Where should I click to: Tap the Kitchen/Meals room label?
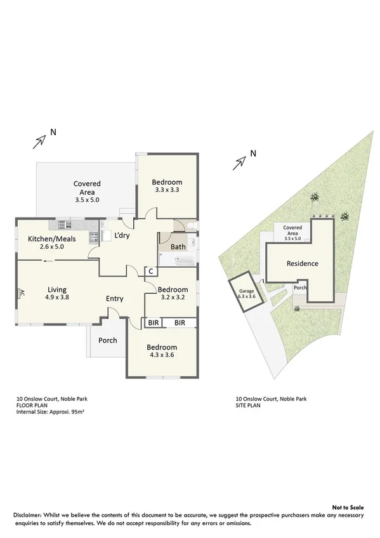(x=46, y=242)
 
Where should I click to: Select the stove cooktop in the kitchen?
(x=94, y=237)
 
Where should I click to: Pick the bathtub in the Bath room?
(x=177, y=260)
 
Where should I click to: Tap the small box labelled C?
(x=150, y=272)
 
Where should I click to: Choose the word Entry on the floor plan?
(x=115, y=299)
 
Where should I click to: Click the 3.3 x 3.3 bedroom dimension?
(x=167, y=189)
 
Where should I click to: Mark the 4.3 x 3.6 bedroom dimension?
(x=162, y=355)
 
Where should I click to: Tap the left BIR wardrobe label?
(x=153, y=323)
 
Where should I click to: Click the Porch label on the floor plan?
(x=107, y=341)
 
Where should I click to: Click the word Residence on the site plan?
(x=302, y=264)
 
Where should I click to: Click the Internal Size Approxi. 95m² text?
(x=51, y=412)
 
